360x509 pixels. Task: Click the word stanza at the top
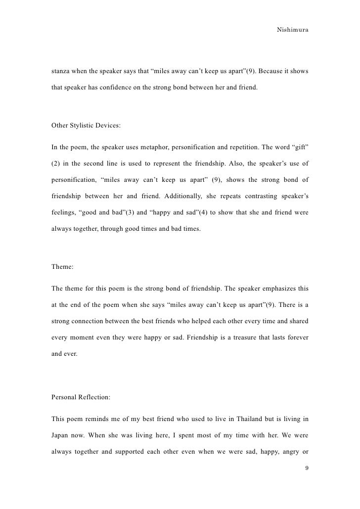point(61,71)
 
